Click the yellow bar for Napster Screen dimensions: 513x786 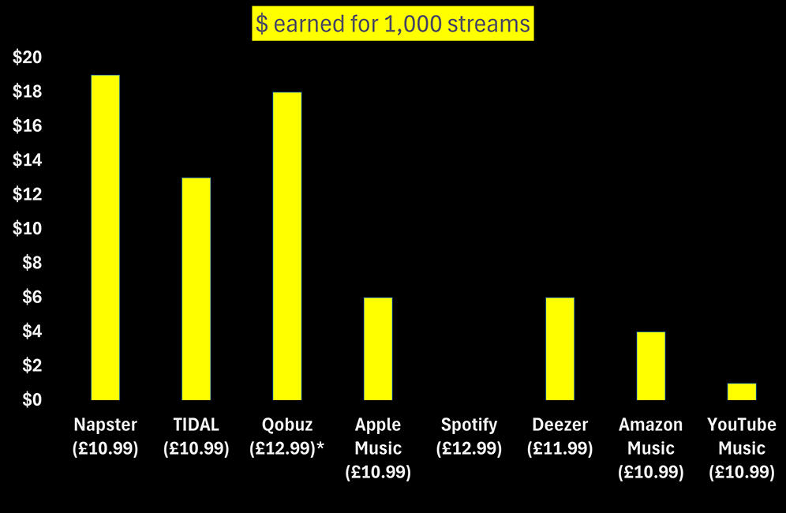pos(105,237)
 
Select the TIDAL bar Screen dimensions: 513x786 pos(196,288)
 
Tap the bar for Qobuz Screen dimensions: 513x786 pos(286,245)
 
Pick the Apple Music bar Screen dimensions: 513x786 pos(377,348)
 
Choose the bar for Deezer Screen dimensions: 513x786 pos(560,348)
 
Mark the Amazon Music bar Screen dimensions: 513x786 pos(650,365)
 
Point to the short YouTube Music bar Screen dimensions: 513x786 pos(741,391)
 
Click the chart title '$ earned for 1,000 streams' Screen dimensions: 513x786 pos(393,24)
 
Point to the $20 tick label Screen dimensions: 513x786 pos(27,58)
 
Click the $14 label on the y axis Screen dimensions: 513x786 pos(27,160)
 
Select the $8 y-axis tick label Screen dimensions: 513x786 pos(30,263)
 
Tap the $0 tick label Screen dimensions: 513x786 pos(30,399)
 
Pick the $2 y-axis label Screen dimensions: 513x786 pos(30,365)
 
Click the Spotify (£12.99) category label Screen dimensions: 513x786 pos(469,436)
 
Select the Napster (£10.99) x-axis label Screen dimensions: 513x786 pos(105,436)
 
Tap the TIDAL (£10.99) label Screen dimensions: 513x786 pos(196,436)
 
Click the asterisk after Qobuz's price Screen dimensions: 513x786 pos(320,447)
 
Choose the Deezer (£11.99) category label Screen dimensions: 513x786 pos(560,436)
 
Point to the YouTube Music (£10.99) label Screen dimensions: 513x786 pos(741,448)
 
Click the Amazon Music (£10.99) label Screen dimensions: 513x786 pos(650,448)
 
